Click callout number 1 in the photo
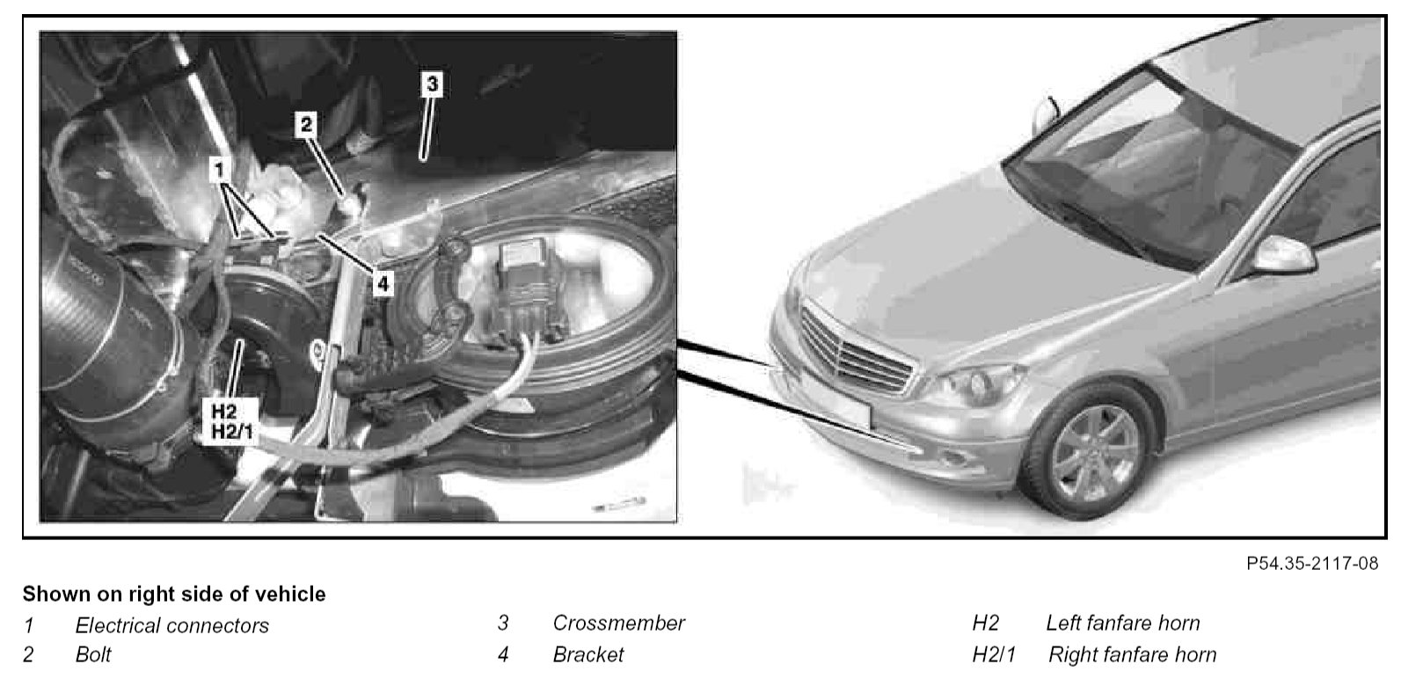tap(218, 169)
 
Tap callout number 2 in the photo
tap(306, 124)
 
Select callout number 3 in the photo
tap(432, 84)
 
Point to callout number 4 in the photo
tap(383, 284)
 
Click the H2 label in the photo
tap(224, 412)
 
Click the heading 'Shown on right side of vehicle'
tap(174, 594)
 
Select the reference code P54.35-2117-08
tap(1312, 564)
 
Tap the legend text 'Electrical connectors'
tap(172, 625)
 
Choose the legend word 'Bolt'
tap(93, 654)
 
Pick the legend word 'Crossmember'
tap(618, 623)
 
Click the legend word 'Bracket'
tap(587, 654)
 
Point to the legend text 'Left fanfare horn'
tap(1123, 623)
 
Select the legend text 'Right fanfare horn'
tap(1132, 654)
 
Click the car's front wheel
tap(1095, 453)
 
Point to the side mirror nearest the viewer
tap(1283, 254)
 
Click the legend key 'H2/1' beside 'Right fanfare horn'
tap(994, 654)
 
